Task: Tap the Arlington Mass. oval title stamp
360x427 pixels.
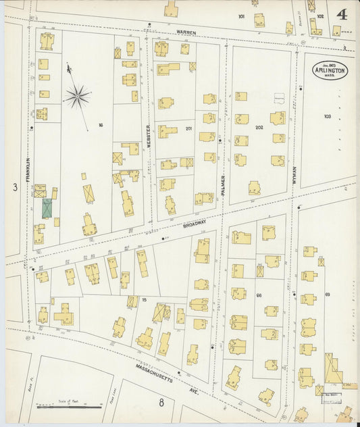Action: [330, 71]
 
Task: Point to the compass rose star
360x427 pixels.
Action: [77, 96]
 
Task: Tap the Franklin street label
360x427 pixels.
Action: [28, 169]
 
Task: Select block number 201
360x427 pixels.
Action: [189, 128]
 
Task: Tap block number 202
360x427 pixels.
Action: [258, 128]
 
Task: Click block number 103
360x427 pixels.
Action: [327, 116]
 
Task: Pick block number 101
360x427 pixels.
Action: [241, 16]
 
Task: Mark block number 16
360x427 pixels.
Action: [101, 125]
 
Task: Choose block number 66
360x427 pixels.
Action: [259, 295]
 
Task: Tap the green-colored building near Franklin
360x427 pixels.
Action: [47, 208]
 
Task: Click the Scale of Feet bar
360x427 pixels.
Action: [70, 407]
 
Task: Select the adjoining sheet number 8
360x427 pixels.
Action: [161, 403]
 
